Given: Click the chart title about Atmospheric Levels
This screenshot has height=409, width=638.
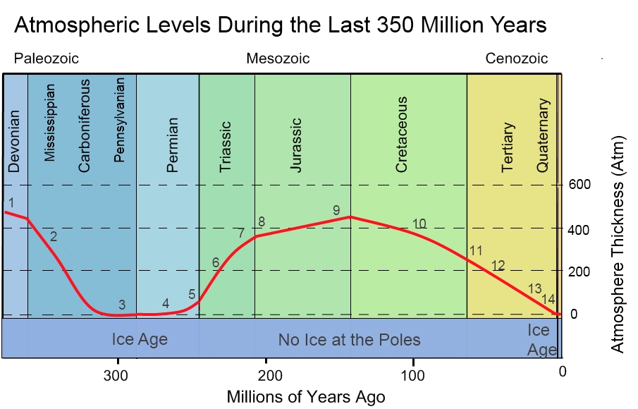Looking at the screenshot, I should tap(280, 25).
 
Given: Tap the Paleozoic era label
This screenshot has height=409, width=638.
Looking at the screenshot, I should tap(47, 59).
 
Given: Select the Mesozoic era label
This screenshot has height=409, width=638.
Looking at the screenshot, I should tap(278, 59).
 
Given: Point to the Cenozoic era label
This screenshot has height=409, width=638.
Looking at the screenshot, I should tap(516, 59).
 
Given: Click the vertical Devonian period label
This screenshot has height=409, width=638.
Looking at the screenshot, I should tap(15, 141).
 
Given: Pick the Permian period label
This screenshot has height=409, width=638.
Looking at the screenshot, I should tap(172, 145).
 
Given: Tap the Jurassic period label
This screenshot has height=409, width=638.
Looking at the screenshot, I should tap(296, 145).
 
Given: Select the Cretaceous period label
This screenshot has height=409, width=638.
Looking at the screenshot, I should tap(402, 135).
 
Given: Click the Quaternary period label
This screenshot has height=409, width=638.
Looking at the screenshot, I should tap(543, 135).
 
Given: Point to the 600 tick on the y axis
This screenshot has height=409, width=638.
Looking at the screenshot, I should tap(579, 185).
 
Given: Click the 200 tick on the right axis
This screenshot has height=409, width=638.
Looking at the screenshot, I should tap(579, 271).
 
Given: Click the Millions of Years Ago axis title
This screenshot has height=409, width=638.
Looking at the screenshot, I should tap(306, 396).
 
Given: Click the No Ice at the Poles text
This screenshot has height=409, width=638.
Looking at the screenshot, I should tap(349, 340).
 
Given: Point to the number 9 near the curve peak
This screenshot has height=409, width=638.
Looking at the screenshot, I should tap(336, 210).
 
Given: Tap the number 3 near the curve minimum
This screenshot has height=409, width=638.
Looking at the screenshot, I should tap(122, 305).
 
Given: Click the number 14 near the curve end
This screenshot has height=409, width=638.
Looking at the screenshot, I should tap(548, 300).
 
